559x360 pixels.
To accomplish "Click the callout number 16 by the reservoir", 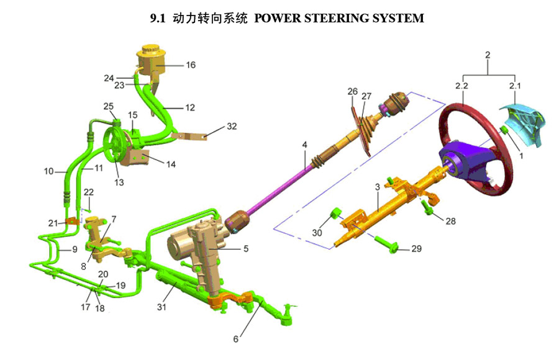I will click(191, 65).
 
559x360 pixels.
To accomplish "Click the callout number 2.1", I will click(515, 84).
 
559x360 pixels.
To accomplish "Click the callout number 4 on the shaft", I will click(304, 145).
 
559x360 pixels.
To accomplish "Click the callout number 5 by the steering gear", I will click(246, 249).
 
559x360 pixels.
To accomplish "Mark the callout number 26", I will click(353, 92).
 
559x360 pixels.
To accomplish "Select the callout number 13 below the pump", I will click(119, 182).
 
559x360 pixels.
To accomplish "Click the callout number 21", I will click(53, 223).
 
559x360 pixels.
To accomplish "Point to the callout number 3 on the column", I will click(377, 186).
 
